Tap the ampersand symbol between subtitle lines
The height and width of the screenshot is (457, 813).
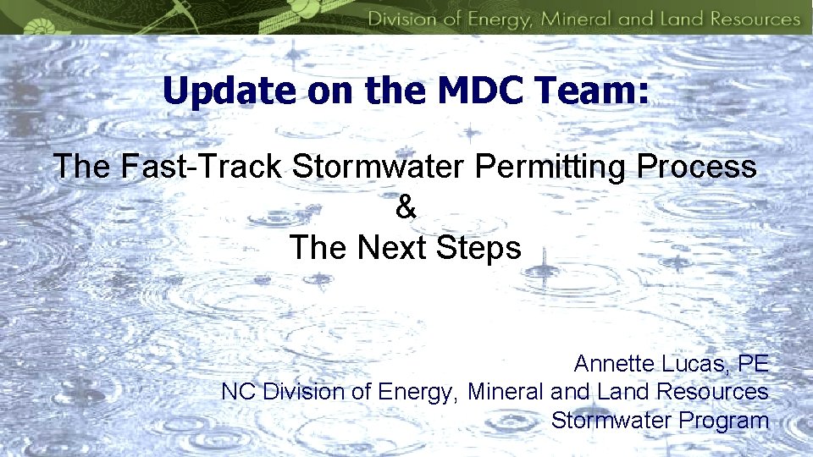406,207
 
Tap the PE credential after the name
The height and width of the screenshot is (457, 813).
753,364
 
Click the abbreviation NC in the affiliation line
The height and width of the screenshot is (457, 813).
239,392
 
